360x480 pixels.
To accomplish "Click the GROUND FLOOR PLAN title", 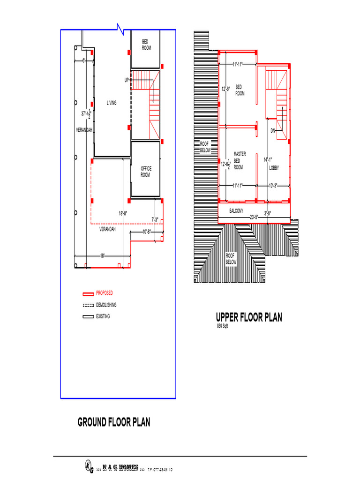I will (x=114, y=422).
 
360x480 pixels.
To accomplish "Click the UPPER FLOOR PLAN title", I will (x=249, y=317).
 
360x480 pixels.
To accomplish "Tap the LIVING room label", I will (x=112, y=103).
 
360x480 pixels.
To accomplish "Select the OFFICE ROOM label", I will (x=146, y=172).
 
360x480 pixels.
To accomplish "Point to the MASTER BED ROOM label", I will (x=239, y=160).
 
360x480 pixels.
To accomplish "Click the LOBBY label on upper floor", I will (x=274, y=167).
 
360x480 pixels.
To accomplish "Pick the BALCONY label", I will (x=236, y=211).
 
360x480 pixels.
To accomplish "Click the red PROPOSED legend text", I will (x=104, y=293).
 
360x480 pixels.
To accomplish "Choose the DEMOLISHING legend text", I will (x=106, y=305).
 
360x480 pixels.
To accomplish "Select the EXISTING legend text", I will (x=103, y=316).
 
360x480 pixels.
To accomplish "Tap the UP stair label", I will (x=127, y=80).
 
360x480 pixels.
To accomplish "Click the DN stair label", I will (x=273, y=130).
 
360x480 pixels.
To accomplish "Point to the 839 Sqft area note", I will (x=222, y=326).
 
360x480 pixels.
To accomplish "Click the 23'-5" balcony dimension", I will (x=254, y=217).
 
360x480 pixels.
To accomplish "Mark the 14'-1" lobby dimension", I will (x=268, y=159).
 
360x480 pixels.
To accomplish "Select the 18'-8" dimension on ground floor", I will (x=123, y=213).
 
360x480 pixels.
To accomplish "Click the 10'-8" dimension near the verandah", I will (x=147, y=232).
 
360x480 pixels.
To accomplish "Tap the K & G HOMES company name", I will (x=120, y=467).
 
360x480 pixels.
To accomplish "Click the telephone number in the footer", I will (x=160, y=469).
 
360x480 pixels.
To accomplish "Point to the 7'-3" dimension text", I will (x=155, y=219).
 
